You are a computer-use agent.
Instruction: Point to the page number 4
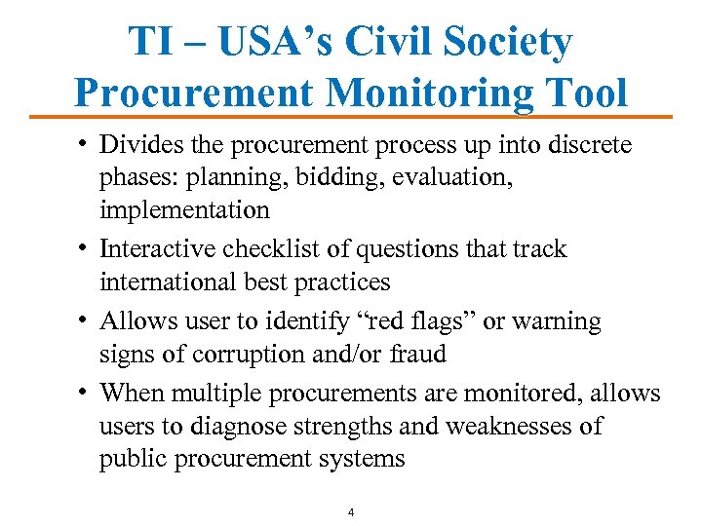pos(351,511)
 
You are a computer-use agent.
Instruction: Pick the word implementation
pos(184,210)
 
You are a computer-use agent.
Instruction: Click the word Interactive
pos(159,249)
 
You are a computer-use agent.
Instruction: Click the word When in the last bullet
pos(133,393)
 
